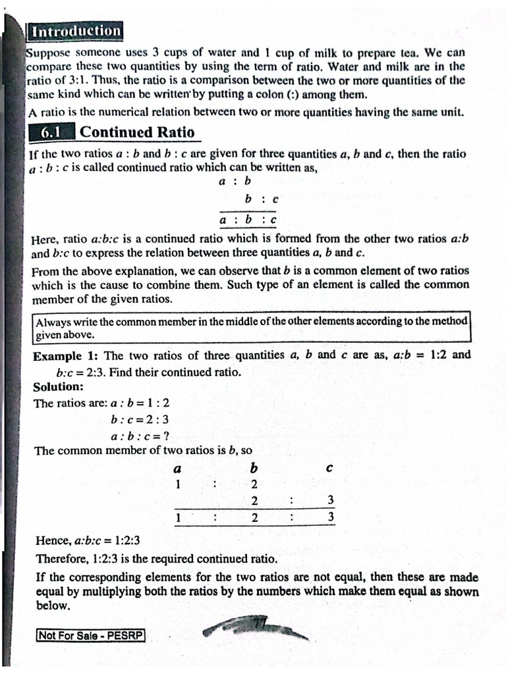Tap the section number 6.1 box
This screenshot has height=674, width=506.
tap(51, 132)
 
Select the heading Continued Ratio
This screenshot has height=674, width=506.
tap(137, 132)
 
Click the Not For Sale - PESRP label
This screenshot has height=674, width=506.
tap(91, 636)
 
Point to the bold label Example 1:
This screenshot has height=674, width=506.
tap(66, 355)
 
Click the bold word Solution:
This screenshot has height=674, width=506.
tap(59, 386)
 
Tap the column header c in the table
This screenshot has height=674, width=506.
tap(329, 469)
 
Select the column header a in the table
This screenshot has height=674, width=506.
tap(177, 469)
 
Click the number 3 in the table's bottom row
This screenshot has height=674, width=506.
tap(331, 517)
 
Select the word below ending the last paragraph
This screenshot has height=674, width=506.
tap(53, 606)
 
